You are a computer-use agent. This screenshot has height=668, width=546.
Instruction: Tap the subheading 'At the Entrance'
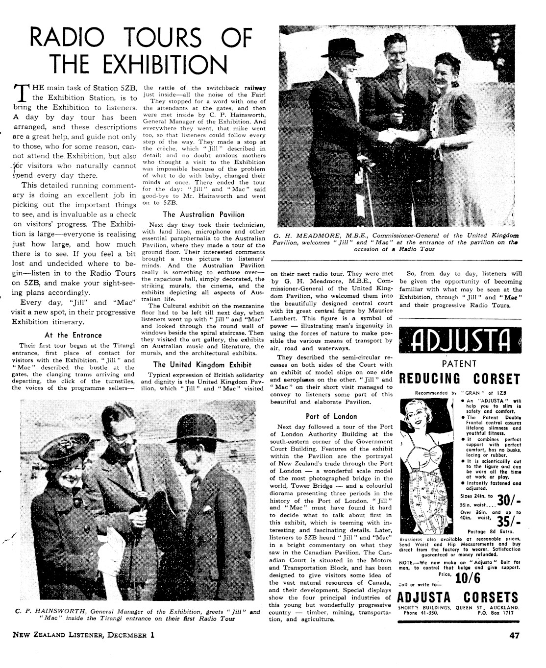pos(73,335)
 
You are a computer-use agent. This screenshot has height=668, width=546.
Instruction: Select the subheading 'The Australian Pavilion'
pos(203,214)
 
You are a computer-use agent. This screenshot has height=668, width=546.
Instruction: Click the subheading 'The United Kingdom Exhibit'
pos(202,365)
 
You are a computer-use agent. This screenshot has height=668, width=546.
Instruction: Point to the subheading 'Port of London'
pos(331,417)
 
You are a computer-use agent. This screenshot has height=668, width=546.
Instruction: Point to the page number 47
pos(514,636)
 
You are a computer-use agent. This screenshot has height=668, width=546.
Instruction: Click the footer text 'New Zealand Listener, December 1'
pos(83,636)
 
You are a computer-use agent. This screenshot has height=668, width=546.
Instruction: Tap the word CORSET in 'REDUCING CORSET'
pos(496,379)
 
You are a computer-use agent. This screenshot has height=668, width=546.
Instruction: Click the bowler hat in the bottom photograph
pos(194,429)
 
